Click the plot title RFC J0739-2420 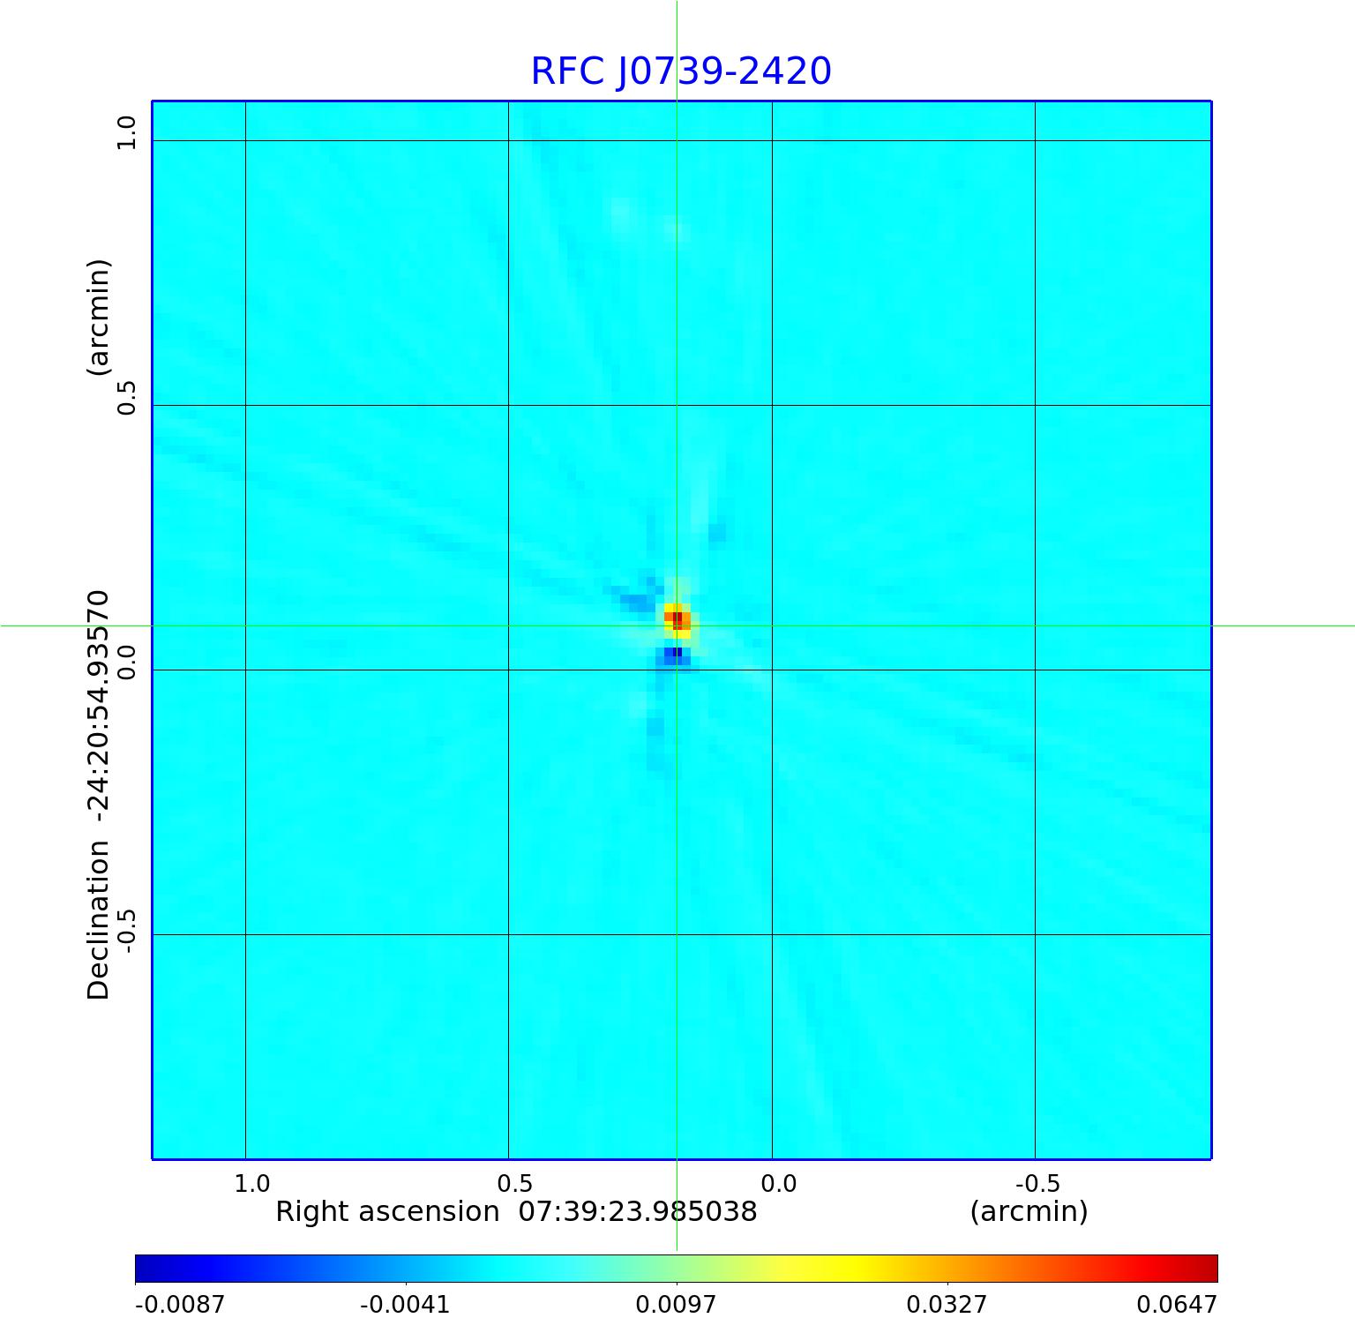[680, 71]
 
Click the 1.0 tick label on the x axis [252, 1183]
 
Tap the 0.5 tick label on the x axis [515, 1183]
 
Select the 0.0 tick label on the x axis [778, 1183]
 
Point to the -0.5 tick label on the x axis [1037, 1183]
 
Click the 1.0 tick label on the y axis [127, 133]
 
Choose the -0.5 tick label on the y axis [127, 931]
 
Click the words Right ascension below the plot [387, 1212]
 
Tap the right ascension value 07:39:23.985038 [637, 1212]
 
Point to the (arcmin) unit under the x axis [1029, 1212]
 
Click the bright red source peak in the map [677, 618]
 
